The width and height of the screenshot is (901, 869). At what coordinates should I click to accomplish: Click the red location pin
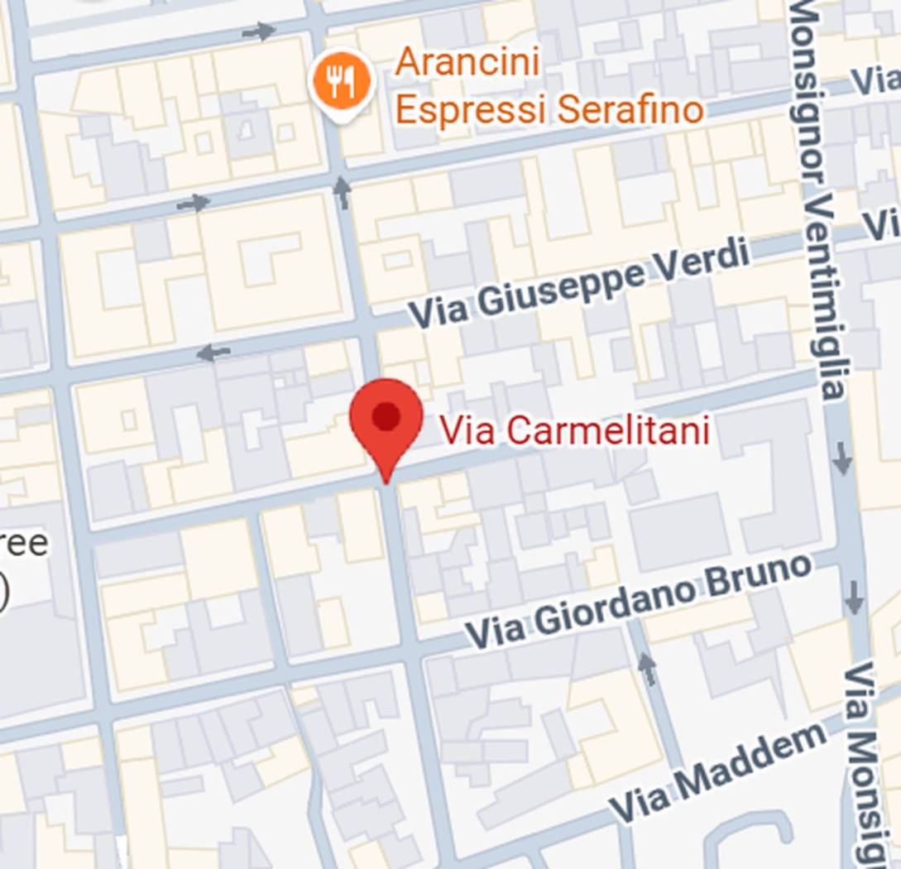386,422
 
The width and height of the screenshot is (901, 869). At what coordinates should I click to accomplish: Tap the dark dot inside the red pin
386,415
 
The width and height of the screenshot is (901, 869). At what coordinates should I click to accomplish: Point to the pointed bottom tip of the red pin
386,481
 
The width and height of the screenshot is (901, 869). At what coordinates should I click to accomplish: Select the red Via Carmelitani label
573,430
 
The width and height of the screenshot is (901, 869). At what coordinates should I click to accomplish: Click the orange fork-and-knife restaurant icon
342,81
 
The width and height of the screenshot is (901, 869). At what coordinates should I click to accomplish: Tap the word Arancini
467,63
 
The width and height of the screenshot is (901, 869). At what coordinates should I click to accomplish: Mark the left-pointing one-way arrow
213,353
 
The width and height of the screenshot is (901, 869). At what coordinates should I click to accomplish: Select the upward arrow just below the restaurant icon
342,191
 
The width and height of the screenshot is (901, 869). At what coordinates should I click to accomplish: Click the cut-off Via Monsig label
868,761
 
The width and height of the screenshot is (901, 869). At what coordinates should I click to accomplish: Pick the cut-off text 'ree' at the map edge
25,545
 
